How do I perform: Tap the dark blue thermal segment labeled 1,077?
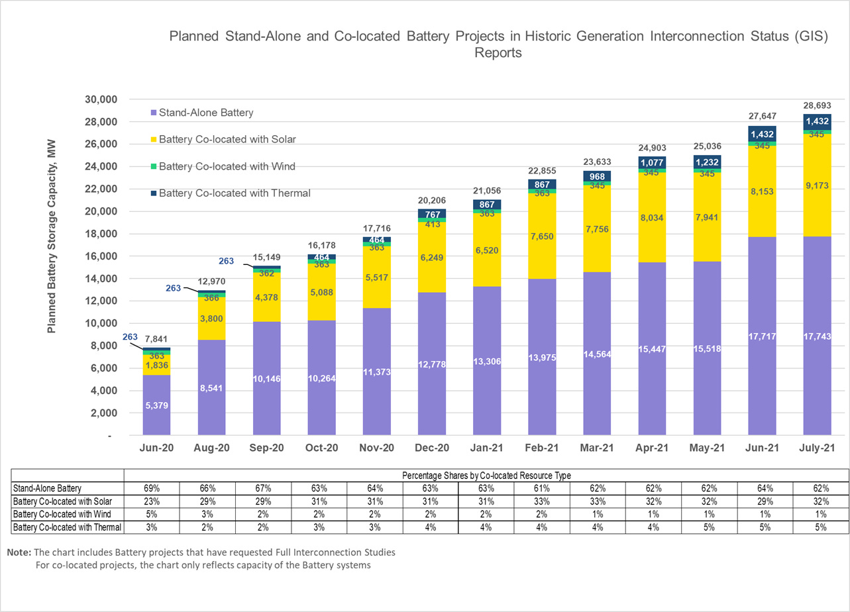pos(652,162)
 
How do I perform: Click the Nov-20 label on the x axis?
pos(376,448)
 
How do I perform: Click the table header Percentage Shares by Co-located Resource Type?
pos(486,475)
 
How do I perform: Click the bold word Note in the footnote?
pos(18,552)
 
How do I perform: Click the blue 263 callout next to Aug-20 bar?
pos(173,288)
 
